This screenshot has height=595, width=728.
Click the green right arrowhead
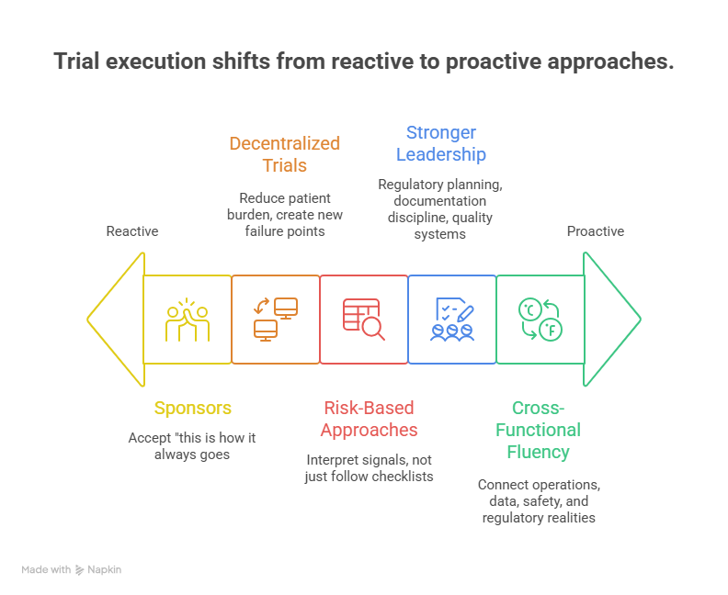click(x=610, y=320)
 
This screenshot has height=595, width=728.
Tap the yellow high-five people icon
click(x=188, y=320)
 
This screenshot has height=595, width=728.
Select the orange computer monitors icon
click(x=276, y=320)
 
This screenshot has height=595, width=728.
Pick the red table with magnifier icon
click(x=363, y=320)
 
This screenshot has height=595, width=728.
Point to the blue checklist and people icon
click(x=452, y=320)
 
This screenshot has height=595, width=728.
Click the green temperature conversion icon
click(x=540, y=320)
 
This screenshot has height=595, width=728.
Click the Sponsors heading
click(x=192, y=408)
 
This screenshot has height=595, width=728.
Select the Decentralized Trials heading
click(x=284, y=154)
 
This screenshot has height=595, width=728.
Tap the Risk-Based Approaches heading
click(x=368, y=419)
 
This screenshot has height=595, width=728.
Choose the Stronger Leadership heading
click(x=440, y=143)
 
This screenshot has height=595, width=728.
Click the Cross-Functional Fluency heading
click(x=545, y=430)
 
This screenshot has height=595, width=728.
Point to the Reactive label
click(x=131, y=231)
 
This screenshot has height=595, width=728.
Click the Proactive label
click(x=595, y=231)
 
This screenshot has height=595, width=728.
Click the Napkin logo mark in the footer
click(x=81, y=570)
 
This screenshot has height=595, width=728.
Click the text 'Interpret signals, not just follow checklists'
click(x=368, y=468)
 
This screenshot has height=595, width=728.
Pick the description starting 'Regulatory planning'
click(x=440, y=209)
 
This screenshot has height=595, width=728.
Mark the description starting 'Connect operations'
click(x=539, y=500)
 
